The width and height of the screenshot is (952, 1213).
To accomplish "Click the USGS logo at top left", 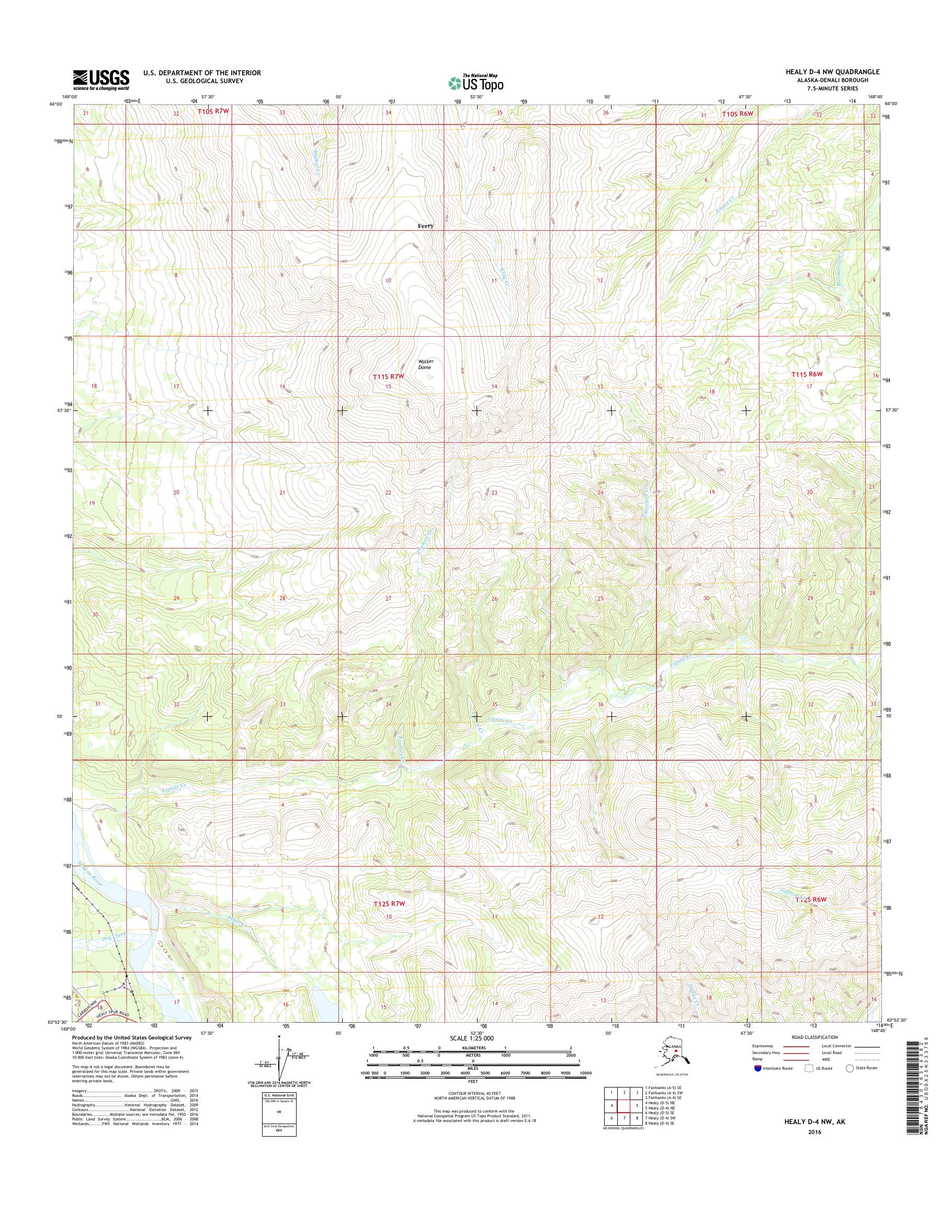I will (101, 80).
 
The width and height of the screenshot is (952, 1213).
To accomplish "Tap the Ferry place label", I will (425, 226).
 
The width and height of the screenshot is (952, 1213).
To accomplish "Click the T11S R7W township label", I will (388, 376).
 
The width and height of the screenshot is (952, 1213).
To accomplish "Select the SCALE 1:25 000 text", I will (473, 1038).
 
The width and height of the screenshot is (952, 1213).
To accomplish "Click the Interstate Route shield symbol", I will (757, 1068).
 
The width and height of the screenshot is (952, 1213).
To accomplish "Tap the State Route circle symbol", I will (849, 1068).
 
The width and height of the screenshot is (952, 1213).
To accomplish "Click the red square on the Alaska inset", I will (676, 1052).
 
